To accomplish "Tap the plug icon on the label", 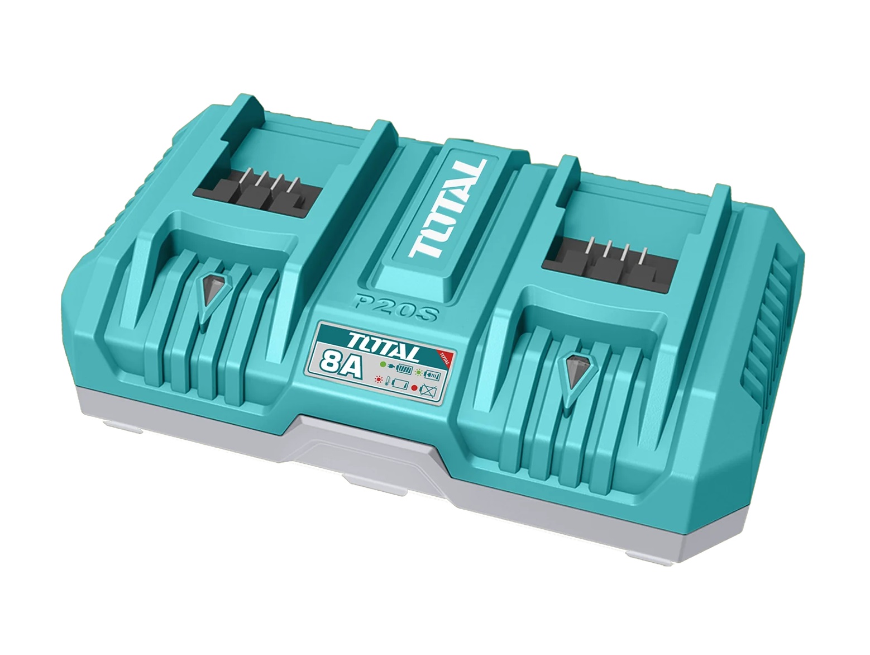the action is tap(391, 366).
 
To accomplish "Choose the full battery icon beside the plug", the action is tap(405, 369).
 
